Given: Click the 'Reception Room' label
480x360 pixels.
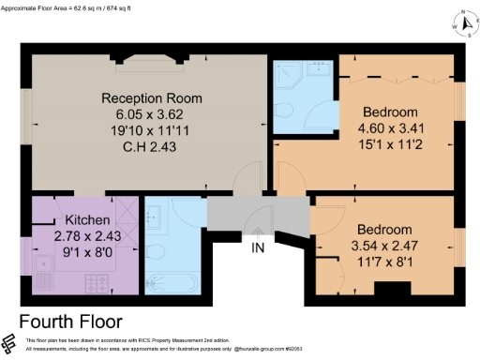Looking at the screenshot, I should point(152,98).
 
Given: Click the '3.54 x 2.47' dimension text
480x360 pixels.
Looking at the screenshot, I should point(383,246).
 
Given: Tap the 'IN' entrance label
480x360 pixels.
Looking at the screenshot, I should point(259,247).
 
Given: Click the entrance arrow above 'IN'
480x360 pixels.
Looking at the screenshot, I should point(259,231).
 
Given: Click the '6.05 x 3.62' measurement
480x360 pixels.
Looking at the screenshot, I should point(152,113).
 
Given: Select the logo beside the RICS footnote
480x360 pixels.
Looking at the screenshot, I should point(9,343).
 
